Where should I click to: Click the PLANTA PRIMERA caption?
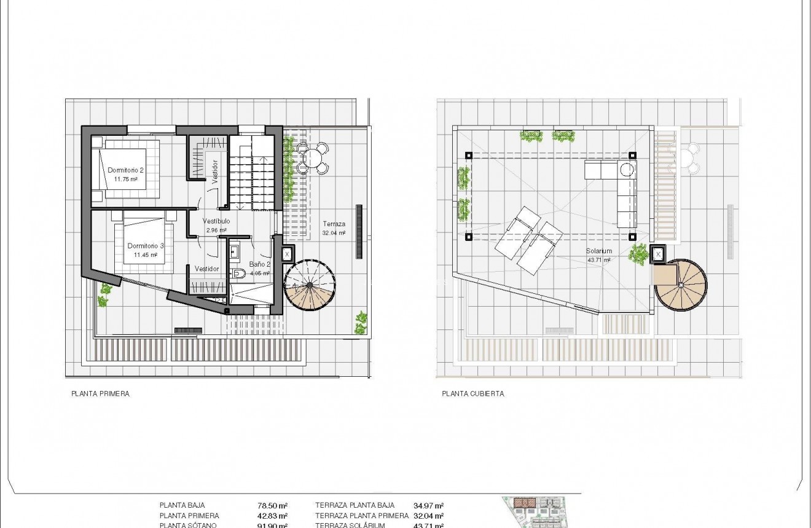click(x=100, y=394)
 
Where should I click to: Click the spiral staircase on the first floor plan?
click(x=310, y=285)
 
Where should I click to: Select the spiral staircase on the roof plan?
click(x=681, y=285)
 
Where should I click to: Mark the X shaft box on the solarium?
click(x=658, y=254)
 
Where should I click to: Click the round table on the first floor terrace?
click(x=313, y=158)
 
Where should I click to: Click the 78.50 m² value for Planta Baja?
click(x=272, y=506)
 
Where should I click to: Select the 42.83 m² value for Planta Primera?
click(x=272, y=516)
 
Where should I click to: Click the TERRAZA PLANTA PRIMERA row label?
click(x=361, y=516)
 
